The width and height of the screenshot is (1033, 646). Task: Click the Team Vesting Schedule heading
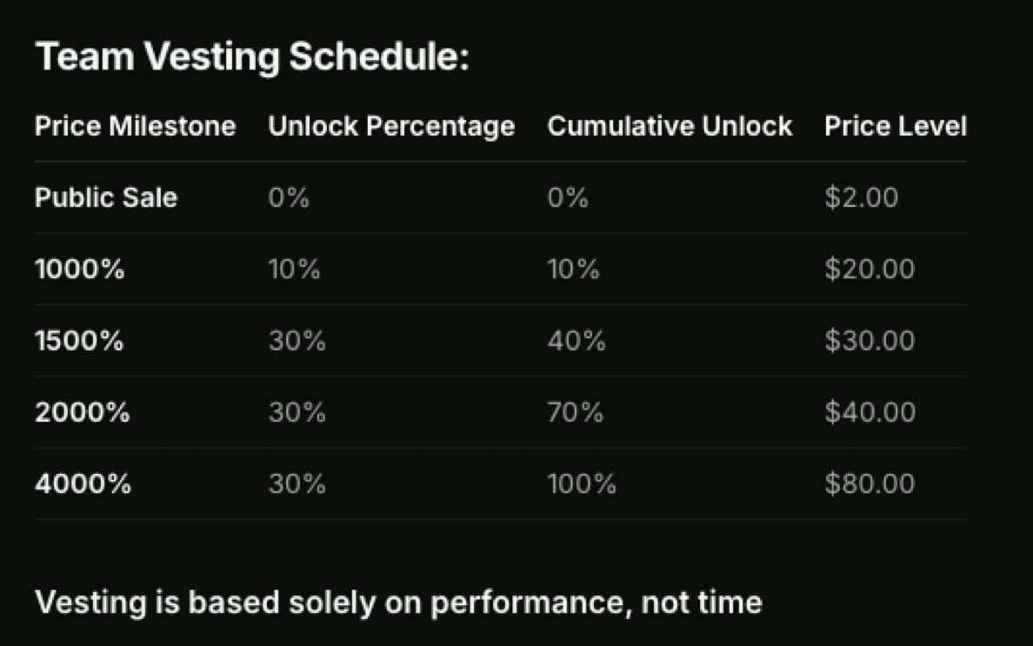[252, 58]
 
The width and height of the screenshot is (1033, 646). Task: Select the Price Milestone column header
[135, 127]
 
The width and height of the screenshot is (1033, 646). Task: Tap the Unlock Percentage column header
[391, 127]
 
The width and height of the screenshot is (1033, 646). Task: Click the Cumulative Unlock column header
[670, 127]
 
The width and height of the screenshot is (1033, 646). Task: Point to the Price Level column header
[896, 127]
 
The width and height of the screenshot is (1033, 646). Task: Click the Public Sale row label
[105, 198]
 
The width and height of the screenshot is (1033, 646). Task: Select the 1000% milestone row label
[79, 270]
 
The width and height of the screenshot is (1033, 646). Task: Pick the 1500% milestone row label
[79, 341]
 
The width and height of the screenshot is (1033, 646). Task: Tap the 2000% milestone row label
[82, 412]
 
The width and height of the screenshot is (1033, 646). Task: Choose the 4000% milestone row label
[83, 483]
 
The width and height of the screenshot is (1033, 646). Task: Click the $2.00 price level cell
[861, 198]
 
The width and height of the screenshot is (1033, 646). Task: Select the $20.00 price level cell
[870, 270]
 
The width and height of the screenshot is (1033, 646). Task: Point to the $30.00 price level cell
[870, 341]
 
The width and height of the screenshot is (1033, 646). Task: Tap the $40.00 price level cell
[870, 412]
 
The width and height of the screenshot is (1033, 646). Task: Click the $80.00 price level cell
[870, 483]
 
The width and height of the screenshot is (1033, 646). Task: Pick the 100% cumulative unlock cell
[581, 483]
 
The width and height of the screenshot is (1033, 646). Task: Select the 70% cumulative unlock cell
[575, 412]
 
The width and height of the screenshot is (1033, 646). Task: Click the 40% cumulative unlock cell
[576, 341]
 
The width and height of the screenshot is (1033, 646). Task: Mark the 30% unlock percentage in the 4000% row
[297, 483]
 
